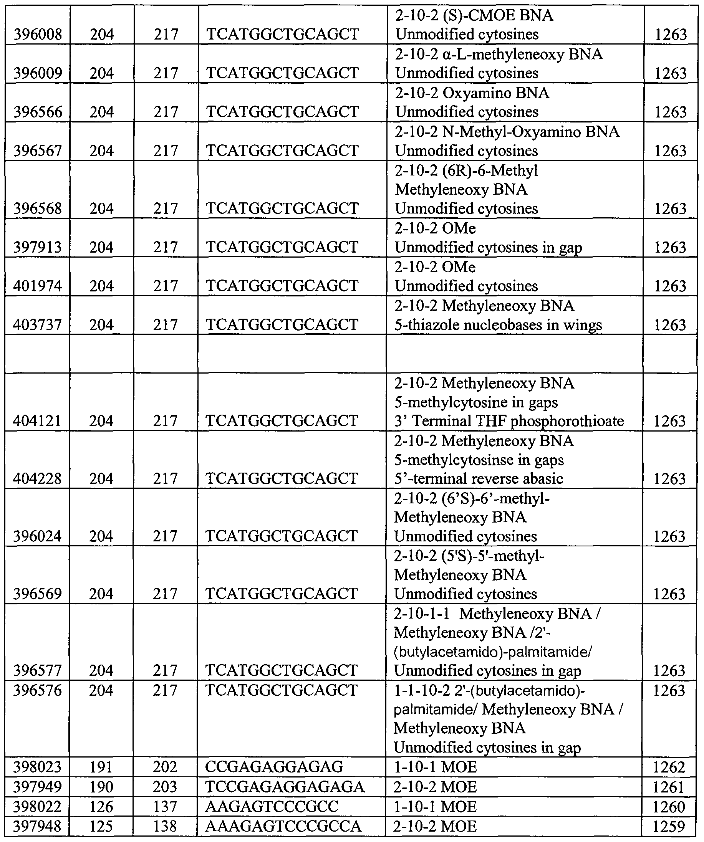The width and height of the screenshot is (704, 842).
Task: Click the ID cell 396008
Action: pyautogui.click(x=38, y=35)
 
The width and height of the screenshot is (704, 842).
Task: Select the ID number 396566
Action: pyautogui.click(x=38, y=112)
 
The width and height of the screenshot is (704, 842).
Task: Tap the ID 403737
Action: pyautogui.click(x=37, y=325)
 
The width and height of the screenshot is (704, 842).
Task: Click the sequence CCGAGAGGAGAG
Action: pyautogui.click(x=274, y=767)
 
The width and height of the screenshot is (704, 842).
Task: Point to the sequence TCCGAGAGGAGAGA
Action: pyautogui.click(x=285, y=787)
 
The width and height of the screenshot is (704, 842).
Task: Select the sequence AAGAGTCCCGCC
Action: pyautogui.click(x=272, y=807)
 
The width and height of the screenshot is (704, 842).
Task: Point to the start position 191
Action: pyautogui.click(x=101, y=767)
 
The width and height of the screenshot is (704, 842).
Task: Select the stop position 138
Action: pyautogui.click(x=165, y=826)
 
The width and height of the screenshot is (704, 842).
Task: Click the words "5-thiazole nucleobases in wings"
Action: pyautogui.click(x=498, y=325)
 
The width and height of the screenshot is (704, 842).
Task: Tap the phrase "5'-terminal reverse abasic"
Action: pyautogui.click(x=479, y=478)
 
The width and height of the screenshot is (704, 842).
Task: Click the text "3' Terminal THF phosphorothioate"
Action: pyautogui.click(x=509, y=421)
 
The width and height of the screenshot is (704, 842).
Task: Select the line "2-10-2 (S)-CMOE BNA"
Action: pyautogui.click(x=474, y=16)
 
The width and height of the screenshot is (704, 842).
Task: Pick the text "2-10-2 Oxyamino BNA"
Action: pyautogui.click(x=472, y=93)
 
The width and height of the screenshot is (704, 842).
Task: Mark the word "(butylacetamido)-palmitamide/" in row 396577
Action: pyautogui.click(x=493, y=652)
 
